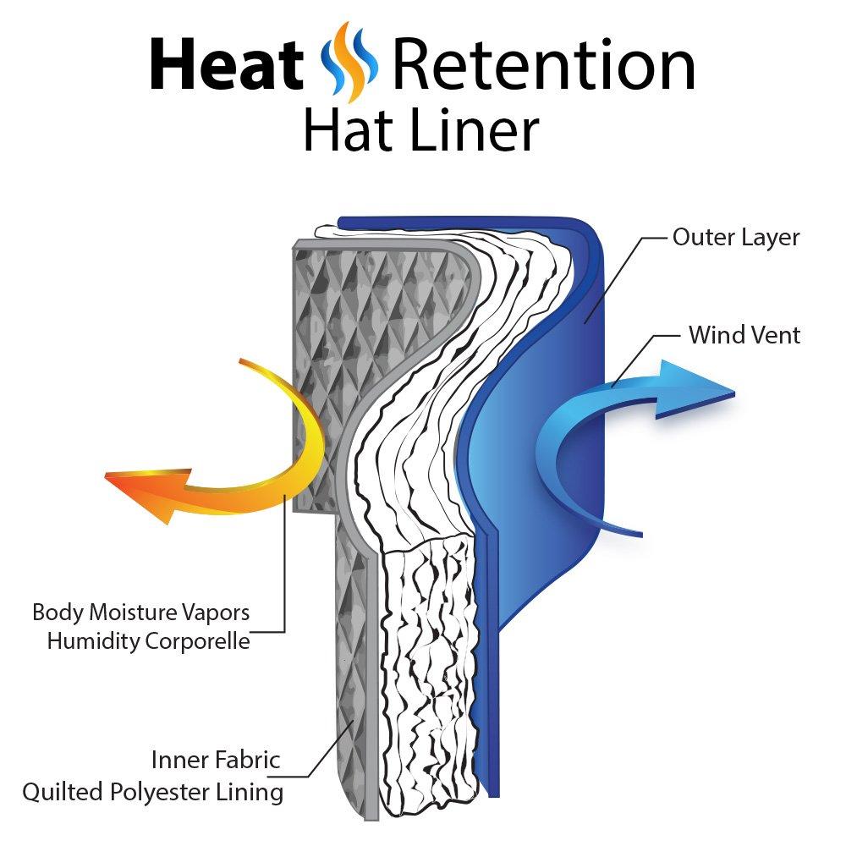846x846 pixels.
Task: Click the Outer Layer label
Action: (735, 237)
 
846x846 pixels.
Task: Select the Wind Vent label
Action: (744, 335)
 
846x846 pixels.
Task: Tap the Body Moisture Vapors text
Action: (140, 611)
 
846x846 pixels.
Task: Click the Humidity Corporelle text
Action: (148, 641)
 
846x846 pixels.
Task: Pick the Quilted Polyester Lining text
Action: (152, 792)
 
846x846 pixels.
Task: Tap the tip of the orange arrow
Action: (107, 477)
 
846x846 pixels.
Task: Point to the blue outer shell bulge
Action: (541, 440)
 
